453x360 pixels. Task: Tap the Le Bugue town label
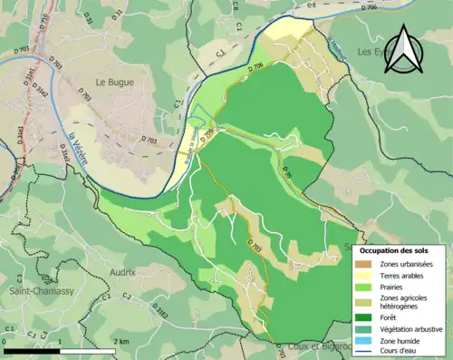click(x=115, y=82)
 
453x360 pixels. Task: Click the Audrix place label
click(x=120, y=271)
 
